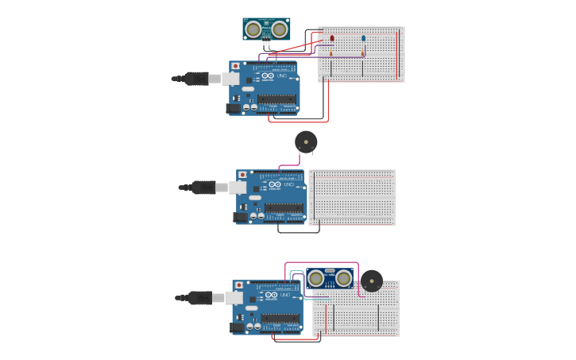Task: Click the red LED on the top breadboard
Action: point(332,38)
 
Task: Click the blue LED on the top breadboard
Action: point(363,38)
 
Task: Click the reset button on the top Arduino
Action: point(235,66)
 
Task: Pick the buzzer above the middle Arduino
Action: point(306,142)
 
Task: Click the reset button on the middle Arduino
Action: point(242,175)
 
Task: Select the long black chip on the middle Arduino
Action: point(284,207)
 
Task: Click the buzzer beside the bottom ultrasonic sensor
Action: point(371,281)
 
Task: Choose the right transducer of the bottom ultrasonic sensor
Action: point(343,278)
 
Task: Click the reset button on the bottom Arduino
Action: point(238,285)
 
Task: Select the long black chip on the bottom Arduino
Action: point(280,318)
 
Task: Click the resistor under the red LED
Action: point(332,53)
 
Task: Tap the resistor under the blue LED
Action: point(363,53)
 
